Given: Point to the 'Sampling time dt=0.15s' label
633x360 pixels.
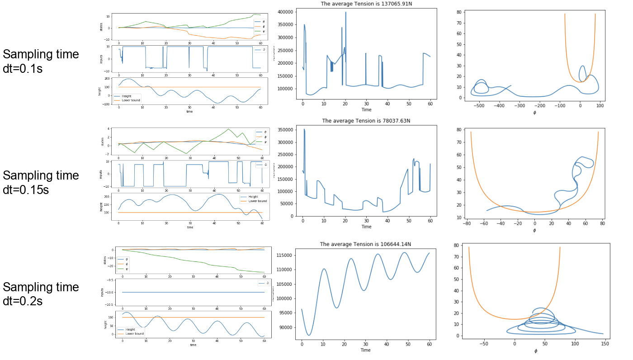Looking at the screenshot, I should pyautogui.click(x=41, y=182).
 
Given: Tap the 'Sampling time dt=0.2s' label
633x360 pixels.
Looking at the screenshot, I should pyautogui.click(x=41, y=294).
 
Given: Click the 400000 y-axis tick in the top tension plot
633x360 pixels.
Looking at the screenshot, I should pyautogui.click(x=285, y=12).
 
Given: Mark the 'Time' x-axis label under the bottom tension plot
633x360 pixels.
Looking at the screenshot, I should pyautogui.click(x=365, y=350).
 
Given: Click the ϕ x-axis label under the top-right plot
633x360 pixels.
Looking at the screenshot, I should pyautogui.click(x=534, y=112).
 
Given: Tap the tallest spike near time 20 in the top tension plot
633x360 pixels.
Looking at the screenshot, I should pyautogui.click(x=346, y=13).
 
